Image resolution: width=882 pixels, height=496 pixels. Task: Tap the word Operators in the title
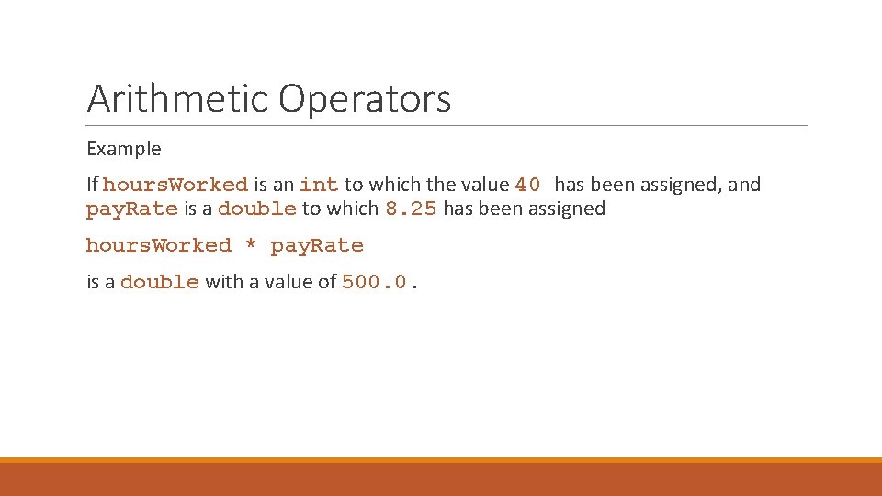[365, 99]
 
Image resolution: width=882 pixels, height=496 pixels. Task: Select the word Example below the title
[123, 149]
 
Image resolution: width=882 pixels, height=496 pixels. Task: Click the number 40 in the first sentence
[528, 185]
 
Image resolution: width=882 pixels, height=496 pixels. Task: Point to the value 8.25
[411, 209]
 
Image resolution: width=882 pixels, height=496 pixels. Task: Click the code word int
[319, 185]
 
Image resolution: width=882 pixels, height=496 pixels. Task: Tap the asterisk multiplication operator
[251, 246]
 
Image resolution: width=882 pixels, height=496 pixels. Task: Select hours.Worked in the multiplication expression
[158, 245]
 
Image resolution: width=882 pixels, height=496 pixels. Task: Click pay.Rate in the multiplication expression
[317, 245]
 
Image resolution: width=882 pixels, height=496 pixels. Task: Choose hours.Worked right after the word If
[175, 185]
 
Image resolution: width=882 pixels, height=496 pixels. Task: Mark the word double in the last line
[160, 282]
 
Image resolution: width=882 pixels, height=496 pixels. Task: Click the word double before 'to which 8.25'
[257, 209]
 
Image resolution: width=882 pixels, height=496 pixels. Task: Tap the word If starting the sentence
[93, 185]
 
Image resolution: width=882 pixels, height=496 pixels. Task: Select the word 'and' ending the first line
[744, 185]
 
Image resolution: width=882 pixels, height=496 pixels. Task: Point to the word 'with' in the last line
[221, 282]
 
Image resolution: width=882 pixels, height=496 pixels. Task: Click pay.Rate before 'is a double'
[131, 209]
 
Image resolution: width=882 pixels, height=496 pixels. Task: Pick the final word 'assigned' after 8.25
[566, 209]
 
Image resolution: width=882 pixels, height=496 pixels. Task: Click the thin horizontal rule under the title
[447, 126]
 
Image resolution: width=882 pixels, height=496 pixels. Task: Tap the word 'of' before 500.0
[327, 282]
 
